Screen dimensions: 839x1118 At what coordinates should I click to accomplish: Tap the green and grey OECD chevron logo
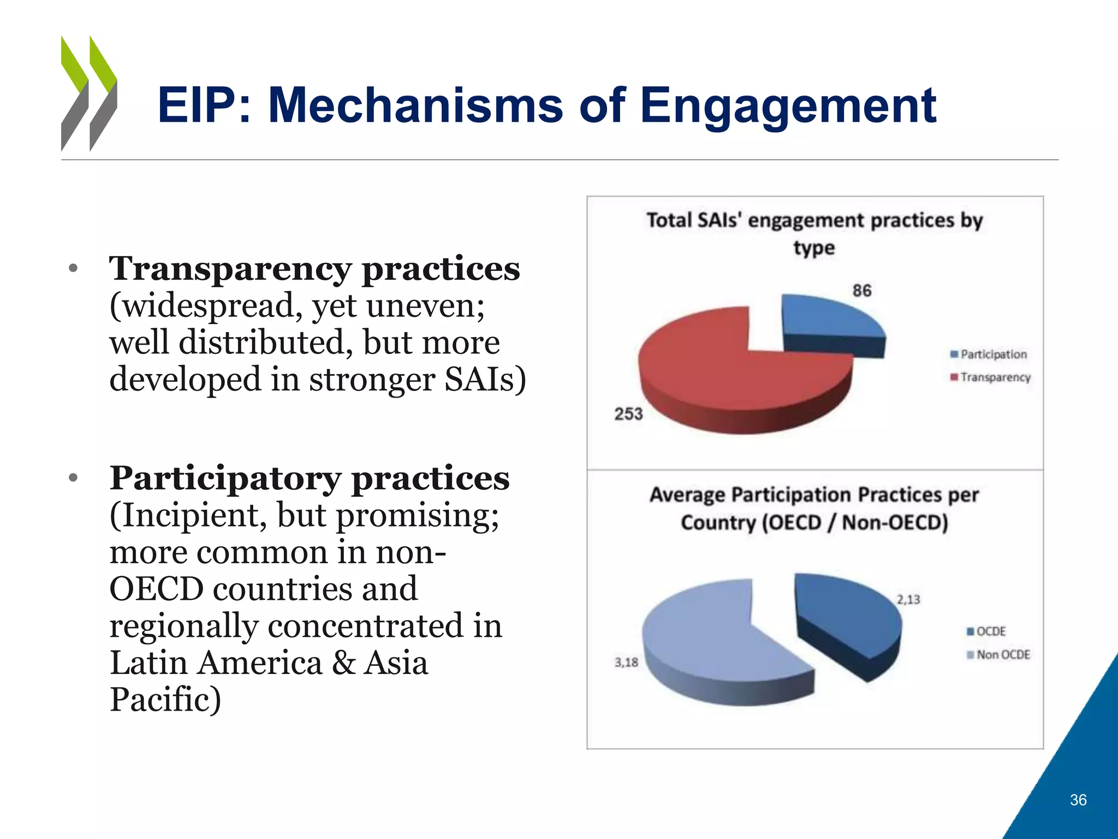(x=89, y=93)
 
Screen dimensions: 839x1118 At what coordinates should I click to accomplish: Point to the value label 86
(x=862, y=290)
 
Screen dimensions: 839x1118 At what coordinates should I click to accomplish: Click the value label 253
(x=628, y=414)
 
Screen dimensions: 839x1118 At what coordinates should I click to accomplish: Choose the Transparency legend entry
(x=990, y=377)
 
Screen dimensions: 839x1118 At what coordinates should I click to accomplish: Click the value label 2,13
(x=908, y=600)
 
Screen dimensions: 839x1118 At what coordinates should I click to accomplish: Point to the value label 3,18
(x=626, y=663)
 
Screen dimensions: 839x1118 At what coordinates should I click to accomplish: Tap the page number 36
(x=1078, y=800)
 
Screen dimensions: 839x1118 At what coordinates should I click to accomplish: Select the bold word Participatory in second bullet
(x=225, y=478)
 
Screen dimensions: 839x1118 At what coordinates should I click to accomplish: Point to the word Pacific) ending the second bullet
(x=165, y=699)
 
